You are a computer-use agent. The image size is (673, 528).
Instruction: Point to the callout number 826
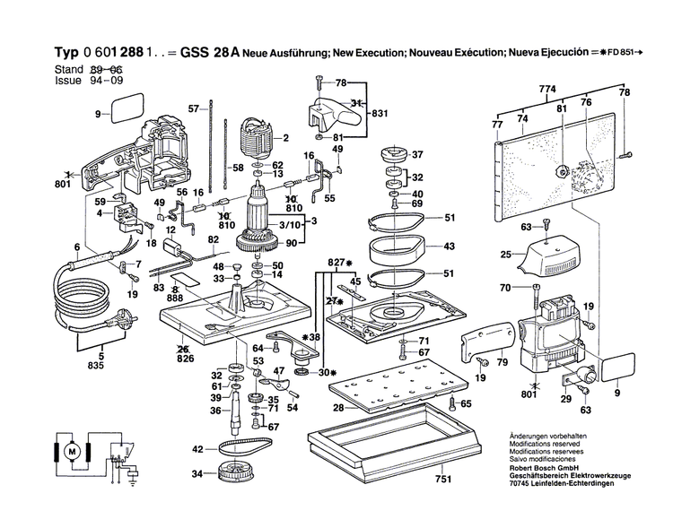coord(185,358)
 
